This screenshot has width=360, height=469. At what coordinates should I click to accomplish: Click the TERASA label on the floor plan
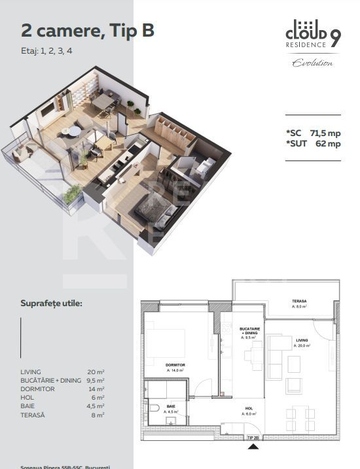[300, 302]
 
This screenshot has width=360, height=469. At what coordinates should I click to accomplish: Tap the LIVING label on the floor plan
[302, 341]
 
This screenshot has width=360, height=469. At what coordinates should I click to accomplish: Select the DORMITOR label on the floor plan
[176, 365]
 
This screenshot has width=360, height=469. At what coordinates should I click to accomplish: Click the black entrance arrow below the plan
[253, 447]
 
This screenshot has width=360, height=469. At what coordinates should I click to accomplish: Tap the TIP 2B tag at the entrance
[253, 438]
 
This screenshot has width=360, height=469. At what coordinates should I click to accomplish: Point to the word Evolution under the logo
[312, 63]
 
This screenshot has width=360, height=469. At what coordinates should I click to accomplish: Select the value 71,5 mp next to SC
[324, 133]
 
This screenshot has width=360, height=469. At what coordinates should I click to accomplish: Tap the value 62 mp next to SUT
[328, 144]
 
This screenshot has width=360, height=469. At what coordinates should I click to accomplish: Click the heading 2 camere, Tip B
[88, 30]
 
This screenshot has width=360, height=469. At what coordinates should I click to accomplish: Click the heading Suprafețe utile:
[52, 304]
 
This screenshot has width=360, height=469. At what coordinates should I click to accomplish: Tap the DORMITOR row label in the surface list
[38, 389]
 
